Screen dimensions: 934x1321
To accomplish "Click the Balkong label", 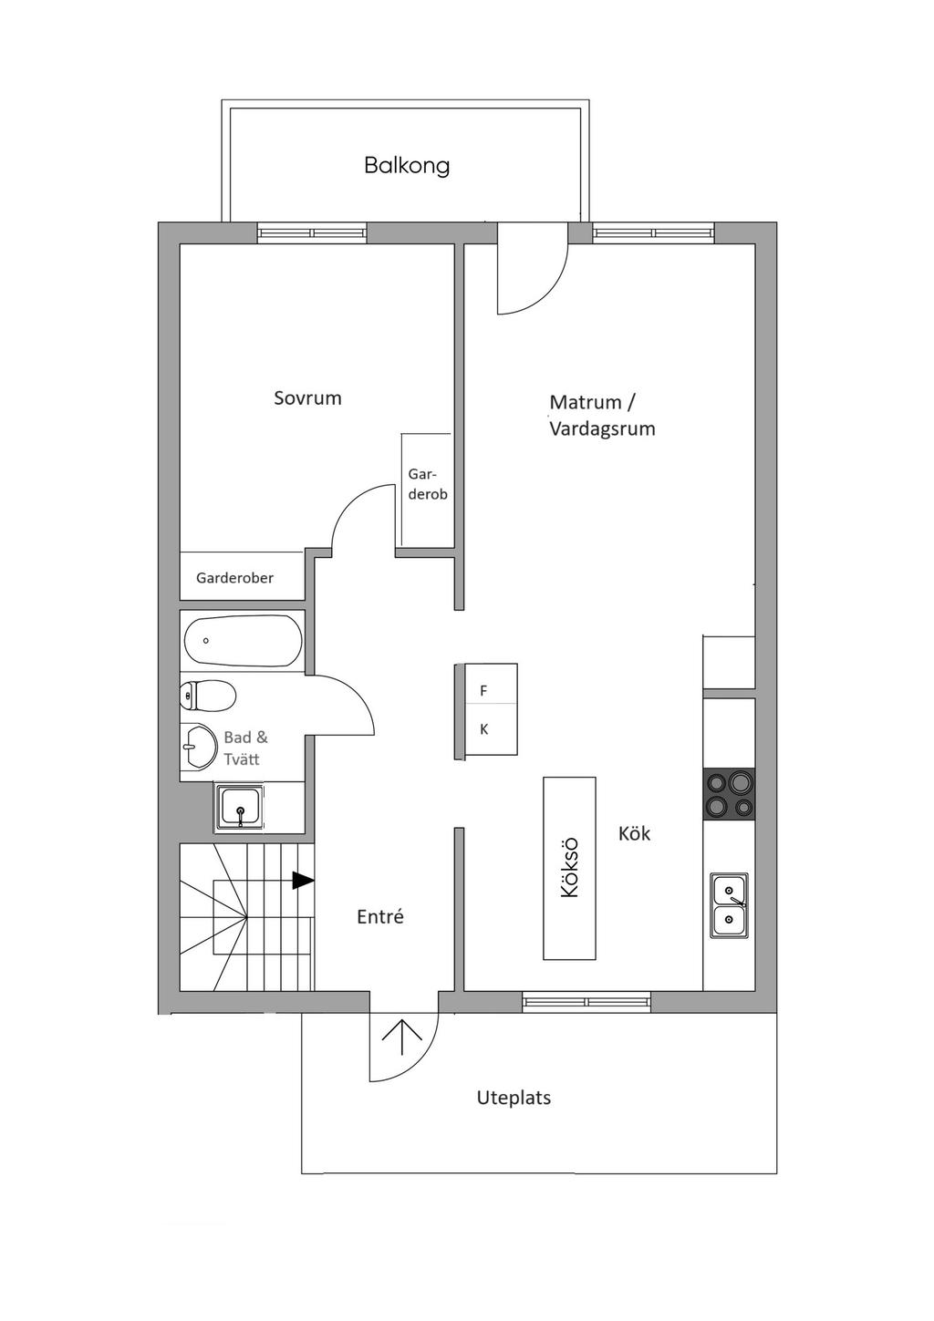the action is tap(407, 165).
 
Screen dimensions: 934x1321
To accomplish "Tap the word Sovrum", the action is tap(307, 397).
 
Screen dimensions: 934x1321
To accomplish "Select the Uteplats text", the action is tap(514, 1098).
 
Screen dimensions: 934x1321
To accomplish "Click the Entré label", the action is tap(379, 917).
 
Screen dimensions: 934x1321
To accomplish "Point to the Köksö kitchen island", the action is tap(570, 868).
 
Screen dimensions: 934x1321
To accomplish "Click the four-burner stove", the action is tap(729, 794).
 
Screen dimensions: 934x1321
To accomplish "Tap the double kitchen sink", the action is tap(729, 905).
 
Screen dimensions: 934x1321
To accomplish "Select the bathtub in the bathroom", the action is tap(243, 641).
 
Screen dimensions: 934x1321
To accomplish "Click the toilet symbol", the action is tap(208, 696).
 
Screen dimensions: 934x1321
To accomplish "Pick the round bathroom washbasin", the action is tap(196, 748).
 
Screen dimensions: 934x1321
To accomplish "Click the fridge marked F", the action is tap(484, 691).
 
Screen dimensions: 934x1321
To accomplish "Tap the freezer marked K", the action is tap(484, 729).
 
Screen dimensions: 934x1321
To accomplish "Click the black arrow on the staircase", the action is tap(303, 881).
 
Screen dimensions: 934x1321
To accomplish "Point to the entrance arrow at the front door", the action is tap(403, 1037).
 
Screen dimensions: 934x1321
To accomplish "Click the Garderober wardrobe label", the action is tap(234, 578).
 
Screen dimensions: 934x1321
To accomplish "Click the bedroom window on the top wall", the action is tap(312, 233).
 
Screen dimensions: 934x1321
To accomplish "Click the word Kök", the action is tap(634, 833).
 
